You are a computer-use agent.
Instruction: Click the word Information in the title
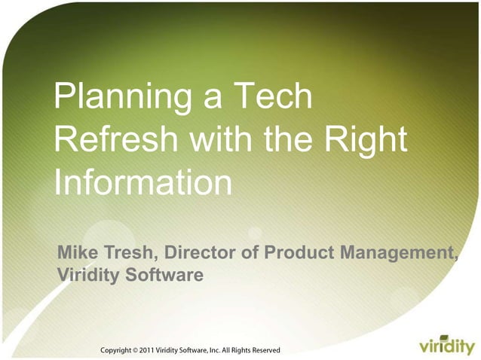142,183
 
